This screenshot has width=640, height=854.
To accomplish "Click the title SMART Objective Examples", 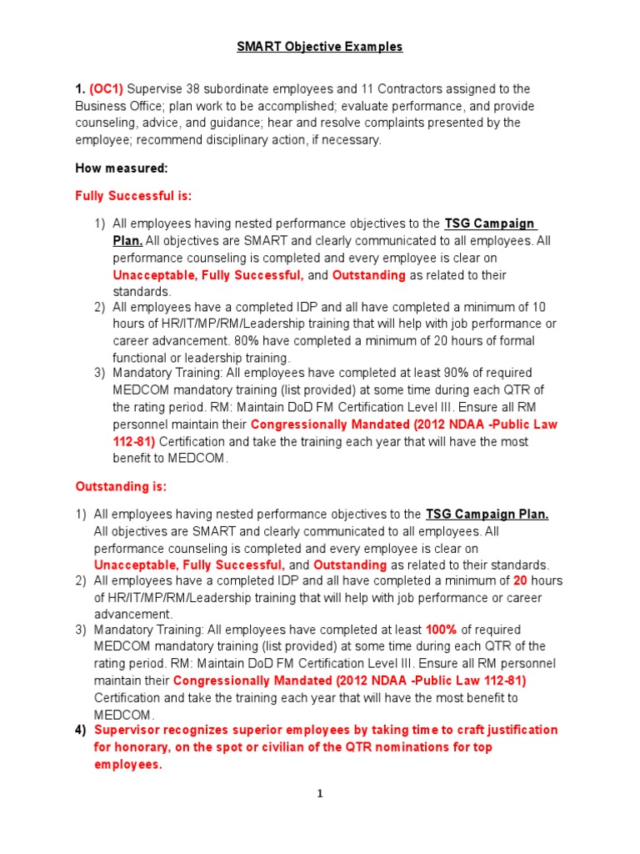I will coord(319,47).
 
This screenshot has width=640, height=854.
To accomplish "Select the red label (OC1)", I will coord(108,89).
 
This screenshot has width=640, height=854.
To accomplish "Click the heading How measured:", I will coord(122,168).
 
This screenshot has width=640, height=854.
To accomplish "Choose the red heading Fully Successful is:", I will coord(133,196).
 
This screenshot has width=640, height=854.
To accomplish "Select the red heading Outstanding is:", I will coord(122,485).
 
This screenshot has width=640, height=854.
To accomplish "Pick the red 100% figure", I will coord(441,630).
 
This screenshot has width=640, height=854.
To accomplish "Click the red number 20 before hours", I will coord(521,581).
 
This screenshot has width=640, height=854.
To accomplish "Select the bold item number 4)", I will coord(81,730).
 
